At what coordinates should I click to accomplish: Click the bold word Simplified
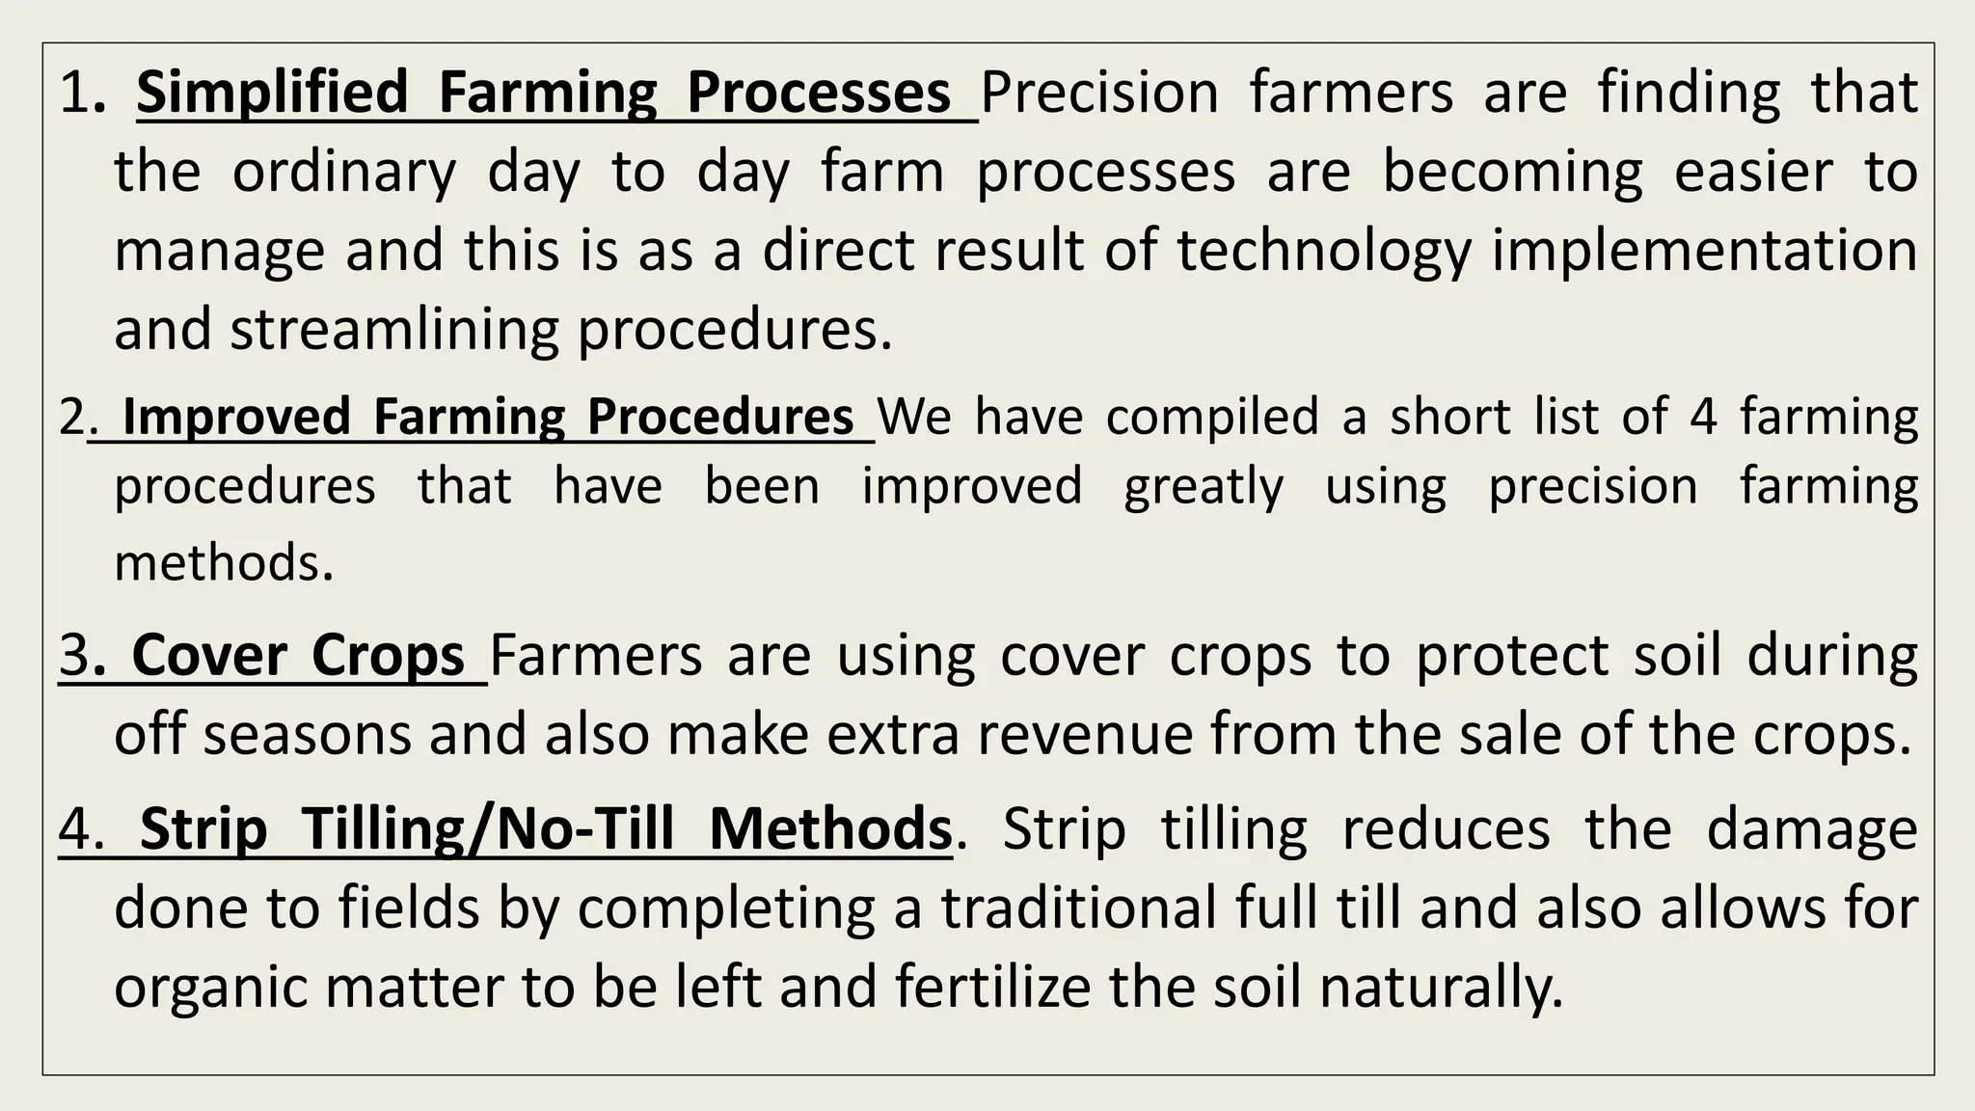coord(272,94)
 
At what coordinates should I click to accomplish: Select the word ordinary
coord(344,174)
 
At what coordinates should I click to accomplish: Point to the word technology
coord(1323,252)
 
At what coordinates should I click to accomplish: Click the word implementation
coord(1704,252)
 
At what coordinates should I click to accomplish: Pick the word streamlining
coord(394,331)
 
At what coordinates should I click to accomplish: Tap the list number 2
coord(72,418)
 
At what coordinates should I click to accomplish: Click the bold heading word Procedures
coord(720,418)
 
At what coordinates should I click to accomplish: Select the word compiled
coord(1212,418)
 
